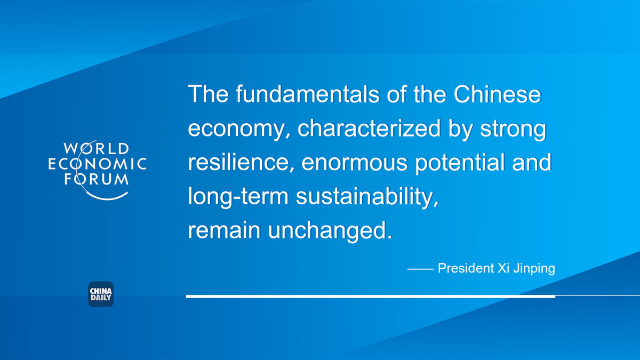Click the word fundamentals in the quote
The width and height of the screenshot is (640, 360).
pos(307,94)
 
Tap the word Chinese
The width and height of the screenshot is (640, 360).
pos(497,94)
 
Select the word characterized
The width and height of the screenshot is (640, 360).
pos(369,129)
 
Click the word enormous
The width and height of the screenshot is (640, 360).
pos(355,163)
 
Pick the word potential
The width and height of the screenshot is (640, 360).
pos(460,163)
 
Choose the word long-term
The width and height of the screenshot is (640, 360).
pos(238,197)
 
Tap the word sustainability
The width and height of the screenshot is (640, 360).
pos(367,197)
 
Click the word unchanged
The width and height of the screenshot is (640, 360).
pos(330,230)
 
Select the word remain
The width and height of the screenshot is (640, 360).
pos(224,230)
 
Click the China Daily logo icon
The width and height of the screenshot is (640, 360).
pos(101,294)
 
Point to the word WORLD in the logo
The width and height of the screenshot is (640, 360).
pos(97,149)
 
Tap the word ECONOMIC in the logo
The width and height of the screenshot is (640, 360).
pos(98,164)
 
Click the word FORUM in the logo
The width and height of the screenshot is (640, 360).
pos(97,179)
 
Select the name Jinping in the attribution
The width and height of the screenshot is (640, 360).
pos(534,269)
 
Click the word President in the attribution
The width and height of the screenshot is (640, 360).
pos(466,268)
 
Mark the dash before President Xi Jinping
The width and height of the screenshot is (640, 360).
pos(421,269)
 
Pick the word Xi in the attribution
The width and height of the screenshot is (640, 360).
pos(503,268)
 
